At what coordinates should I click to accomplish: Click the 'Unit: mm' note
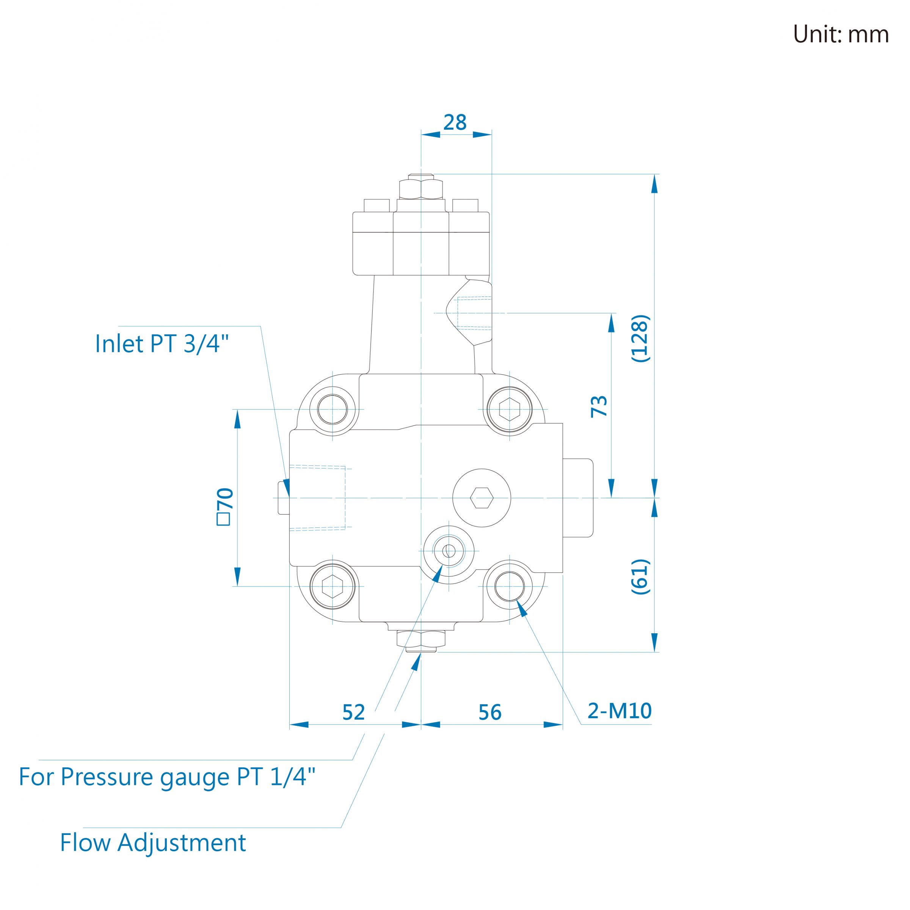(x=841, y=35)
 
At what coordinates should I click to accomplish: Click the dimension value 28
(x=455, y=122)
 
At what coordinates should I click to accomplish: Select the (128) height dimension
(x=640, y=338)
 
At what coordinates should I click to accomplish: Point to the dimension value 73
(x=599, y=406)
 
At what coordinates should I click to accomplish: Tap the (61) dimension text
(x=640, y=576)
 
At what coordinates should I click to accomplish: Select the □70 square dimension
(x=225, y=506)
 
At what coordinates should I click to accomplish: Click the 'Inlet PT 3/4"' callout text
(x=162, y=344)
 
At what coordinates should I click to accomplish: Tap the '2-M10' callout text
(x=620, y=711)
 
